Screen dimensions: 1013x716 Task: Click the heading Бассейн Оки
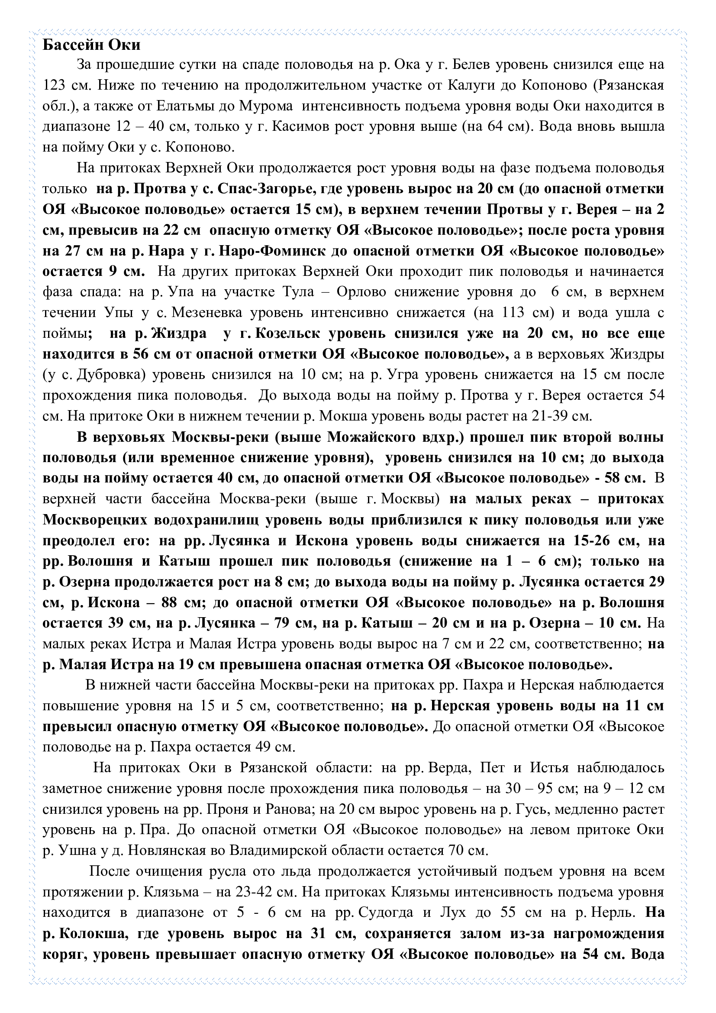pos(91,45)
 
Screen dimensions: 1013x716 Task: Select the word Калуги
pos(471,86)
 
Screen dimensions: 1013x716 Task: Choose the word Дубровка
pos(111,375)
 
